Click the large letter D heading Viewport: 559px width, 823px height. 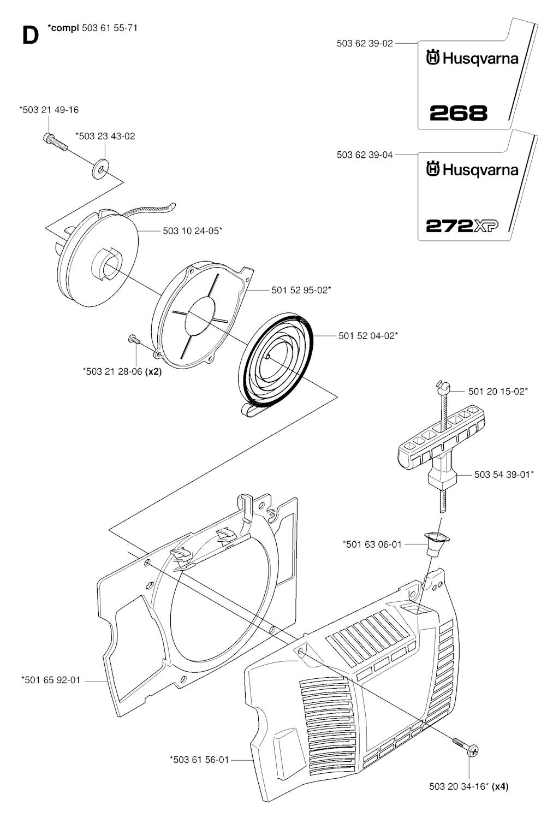[31, 36]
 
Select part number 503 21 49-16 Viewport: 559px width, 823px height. [49, 110]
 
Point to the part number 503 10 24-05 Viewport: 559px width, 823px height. [193, 230]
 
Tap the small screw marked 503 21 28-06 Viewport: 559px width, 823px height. [134, 339]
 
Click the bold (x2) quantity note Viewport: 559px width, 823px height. [153, 371]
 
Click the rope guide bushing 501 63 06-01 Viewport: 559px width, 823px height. [434, 544]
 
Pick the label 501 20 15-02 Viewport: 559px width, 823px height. [498, 391]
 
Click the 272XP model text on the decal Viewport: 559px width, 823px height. [462, 226]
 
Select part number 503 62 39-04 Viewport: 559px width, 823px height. [365, 155]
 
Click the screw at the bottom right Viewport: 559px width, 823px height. [465, 747]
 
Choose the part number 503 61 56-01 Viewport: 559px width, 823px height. [199, 760]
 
